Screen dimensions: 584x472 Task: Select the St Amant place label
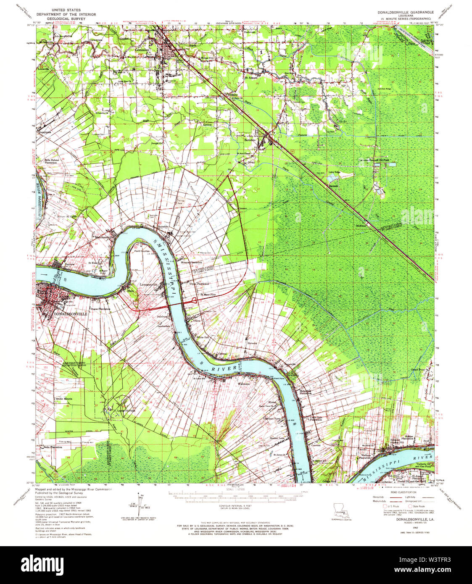point(252,78)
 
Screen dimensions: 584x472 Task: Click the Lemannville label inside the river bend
point(149,284)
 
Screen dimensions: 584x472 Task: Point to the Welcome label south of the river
point(244,384)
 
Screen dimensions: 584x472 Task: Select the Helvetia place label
point(252,343)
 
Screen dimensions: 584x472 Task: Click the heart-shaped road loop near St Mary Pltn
point(195,300)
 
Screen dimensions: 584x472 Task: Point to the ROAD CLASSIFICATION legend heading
point(403,492)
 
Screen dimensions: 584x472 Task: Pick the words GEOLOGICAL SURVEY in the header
point(66,19)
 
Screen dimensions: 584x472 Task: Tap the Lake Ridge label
point(334,172)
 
